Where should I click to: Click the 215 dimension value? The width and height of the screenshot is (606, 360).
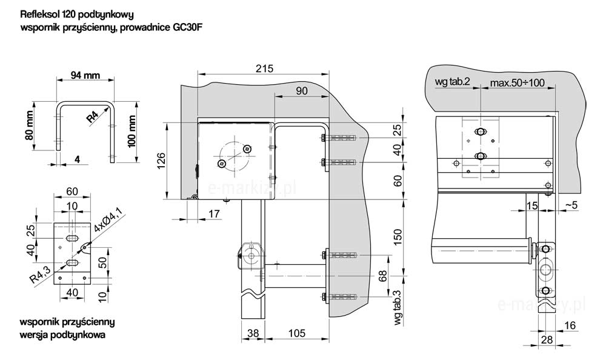point(264,68)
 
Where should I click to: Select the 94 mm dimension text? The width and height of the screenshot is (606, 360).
point(85,75)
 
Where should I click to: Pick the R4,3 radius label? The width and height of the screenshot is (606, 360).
point(40,275)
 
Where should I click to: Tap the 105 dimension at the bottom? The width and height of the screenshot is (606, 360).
point(297,333)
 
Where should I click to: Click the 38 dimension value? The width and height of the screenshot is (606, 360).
point(253,333)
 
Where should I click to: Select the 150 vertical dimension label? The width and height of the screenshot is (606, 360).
point(398,237)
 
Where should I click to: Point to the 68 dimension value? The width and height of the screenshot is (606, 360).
point(382,276)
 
